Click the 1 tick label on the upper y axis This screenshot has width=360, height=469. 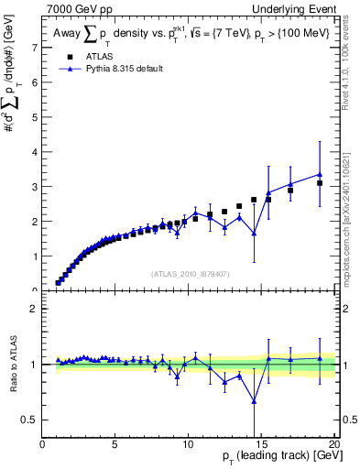point(34,256)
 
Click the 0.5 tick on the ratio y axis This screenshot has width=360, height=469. point(29,420)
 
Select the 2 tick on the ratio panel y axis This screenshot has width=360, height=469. point(34,309)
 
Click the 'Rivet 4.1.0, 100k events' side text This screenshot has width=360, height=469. point(352,64)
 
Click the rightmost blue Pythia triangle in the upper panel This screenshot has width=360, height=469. point(320,174)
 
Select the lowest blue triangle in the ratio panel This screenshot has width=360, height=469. point(254,400)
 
